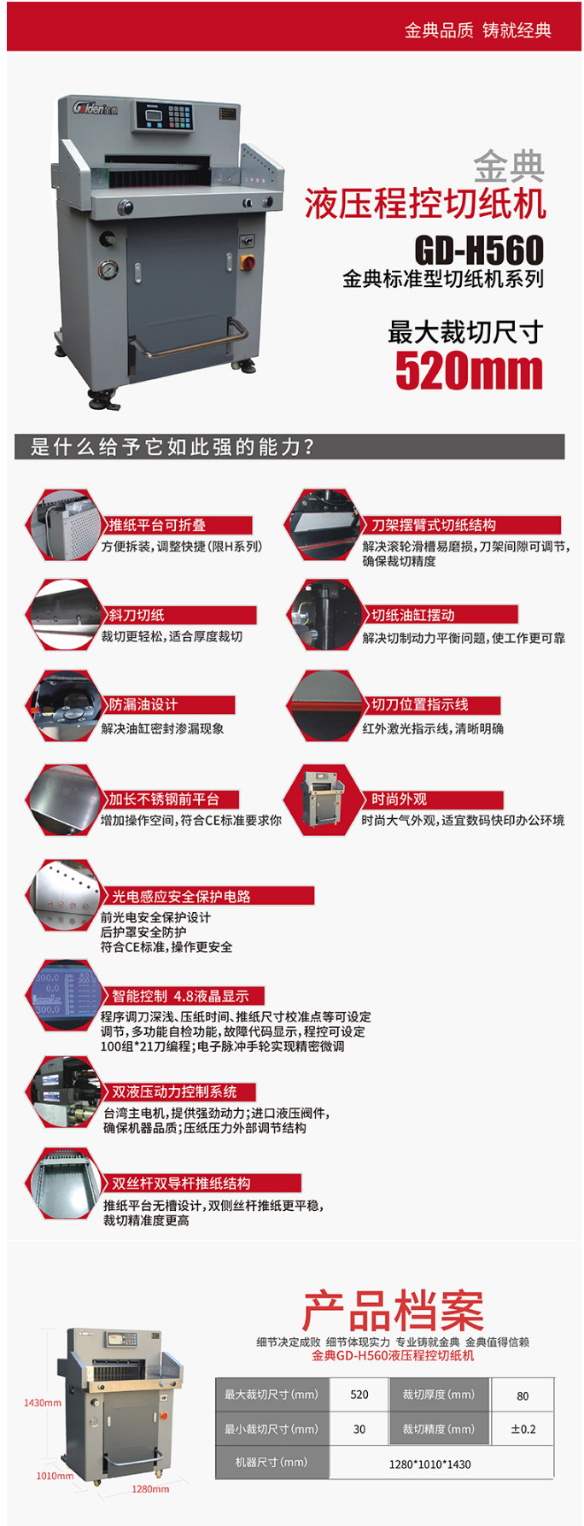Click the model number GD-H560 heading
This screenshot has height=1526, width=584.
click(479, 250)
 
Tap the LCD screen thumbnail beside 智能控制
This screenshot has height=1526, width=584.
click(65, 996)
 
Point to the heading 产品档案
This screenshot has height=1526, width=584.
click(393, 1311)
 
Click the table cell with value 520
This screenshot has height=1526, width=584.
click(359, 1394)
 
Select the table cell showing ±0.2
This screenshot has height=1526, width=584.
click(523, 1429)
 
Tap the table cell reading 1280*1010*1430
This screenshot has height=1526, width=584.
click(429, 1464)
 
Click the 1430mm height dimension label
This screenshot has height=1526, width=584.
click(43, 1402)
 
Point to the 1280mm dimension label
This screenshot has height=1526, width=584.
click(150, 1488)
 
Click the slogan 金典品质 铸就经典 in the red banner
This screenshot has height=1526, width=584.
click(478, 31)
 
